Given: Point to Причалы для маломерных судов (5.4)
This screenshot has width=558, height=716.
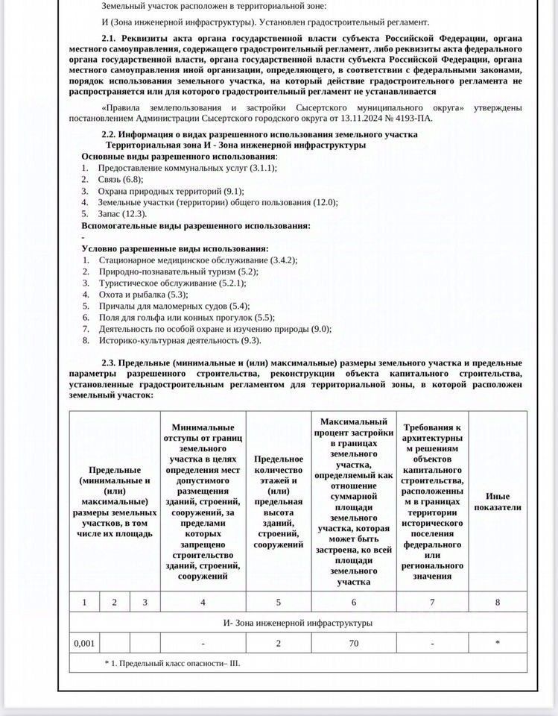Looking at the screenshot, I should click(174, 306).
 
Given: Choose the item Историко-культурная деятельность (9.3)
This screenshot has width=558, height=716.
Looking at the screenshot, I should click(180, 340).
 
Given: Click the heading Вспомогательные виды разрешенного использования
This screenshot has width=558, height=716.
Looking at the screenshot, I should click(195, 225).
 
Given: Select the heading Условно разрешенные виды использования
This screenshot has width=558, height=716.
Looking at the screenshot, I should click(174, 248).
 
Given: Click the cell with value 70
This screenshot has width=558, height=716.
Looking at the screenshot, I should click(354, 642).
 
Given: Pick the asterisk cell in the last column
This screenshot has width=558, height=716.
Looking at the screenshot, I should click(497, 642).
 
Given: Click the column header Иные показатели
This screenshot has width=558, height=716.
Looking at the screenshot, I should click(497, 502).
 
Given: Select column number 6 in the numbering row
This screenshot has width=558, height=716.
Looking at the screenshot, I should click(354, 602).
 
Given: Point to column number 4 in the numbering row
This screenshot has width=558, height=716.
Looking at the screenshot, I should click(203, 602).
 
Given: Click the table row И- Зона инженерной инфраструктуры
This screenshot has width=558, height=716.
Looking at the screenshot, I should click(298, 622).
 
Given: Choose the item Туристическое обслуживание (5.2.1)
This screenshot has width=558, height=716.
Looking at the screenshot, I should click(172, 283).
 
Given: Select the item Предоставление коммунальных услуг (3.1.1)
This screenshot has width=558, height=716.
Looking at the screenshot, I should click(187, 168).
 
